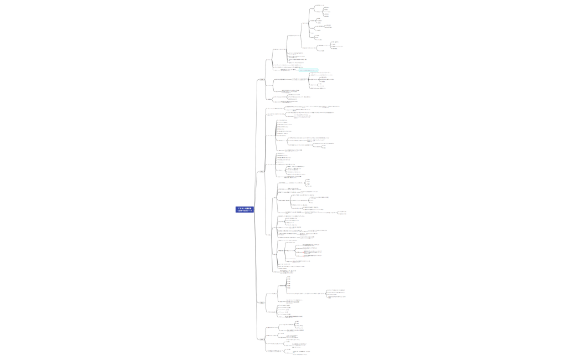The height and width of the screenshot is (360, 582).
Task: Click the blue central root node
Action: tap(244, 209)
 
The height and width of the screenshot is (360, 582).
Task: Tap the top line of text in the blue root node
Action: tap(244, 208)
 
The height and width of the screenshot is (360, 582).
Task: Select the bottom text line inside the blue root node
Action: tap(244, 211)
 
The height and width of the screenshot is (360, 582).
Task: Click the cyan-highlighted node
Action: tap(308, 70)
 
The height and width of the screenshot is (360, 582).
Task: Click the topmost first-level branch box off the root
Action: tap(262, 80)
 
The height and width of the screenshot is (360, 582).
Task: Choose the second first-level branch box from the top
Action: tap(262, 172)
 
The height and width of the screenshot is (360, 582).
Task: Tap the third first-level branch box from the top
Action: tap(262, 302)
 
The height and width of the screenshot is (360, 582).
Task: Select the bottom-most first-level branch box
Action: tap(262, 339)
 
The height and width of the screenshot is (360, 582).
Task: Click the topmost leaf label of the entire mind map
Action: tap(319, 5)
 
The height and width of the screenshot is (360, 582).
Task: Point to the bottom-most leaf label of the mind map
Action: tap(294, 354)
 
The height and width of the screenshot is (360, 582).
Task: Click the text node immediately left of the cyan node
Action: tap(288, 70)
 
